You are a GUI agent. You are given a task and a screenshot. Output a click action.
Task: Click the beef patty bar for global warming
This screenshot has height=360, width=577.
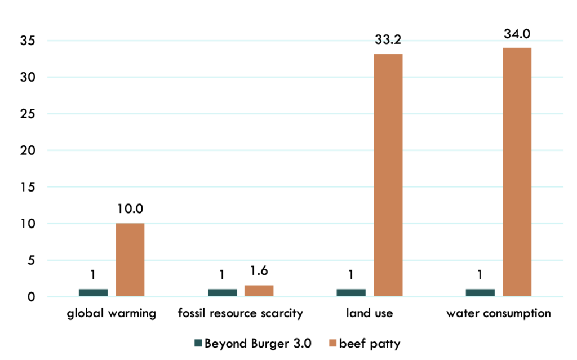130,260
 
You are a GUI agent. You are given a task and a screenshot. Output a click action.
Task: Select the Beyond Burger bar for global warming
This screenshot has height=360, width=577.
93,292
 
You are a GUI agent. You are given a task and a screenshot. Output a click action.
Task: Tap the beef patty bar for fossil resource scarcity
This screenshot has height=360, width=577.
259,291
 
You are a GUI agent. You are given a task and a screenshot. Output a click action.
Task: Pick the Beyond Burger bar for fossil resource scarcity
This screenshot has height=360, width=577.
222,292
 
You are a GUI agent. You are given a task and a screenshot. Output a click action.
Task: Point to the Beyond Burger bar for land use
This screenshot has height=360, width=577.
351,292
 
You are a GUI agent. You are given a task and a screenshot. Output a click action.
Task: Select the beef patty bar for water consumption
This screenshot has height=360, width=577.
517,172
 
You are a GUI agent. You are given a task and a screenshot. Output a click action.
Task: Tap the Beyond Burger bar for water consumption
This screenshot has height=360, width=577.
480,292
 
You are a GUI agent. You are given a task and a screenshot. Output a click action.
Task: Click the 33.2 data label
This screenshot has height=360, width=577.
388,40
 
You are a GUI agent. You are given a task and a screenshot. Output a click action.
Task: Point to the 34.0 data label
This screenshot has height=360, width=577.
517,34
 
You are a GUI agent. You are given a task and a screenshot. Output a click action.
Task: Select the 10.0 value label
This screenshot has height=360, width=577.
130,209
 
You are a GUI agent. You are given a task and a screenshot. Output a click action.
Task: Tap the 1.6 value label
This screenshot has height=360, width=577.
259,271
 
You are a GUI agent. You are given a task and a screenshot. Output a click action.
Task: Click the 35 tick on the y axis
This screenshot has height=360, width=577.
29,41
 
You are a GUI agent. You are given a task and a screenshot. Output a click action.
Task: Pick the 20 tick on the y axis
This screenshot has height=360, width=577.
29,150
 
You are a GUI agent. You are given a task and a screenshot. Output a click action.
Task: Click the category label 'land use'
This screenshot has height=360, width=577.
369,314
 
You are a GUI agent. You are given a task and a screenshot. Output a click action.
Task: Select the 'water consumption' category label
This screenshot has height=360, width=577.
498,314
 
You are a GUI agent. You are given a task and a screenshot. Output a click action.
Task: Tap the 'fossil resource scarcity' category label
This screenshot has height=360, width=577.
241,314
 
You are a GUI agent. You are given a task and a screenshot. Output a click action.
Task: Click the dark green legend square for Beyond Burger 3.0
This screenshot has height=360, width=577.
197,344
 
